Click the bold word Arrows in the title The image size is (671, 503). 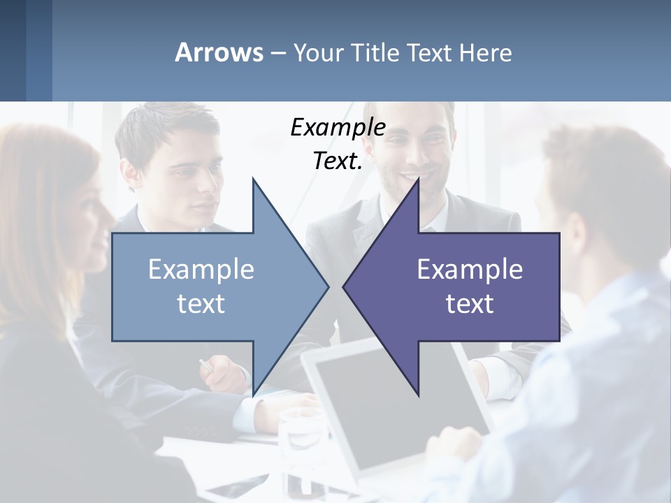click(219, 52)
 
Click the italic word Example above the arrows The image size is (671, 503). click(338, 127)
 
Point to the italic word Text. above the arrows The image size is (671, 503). click(338, 161)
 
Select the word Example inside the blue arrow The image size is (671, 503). click(201, 269)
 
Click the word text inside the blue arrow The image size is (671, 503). click(201, 303)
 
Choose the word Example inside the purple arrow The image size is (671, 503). click(470, 269)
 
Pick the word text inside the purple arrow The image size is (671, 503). click(470, 303)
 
